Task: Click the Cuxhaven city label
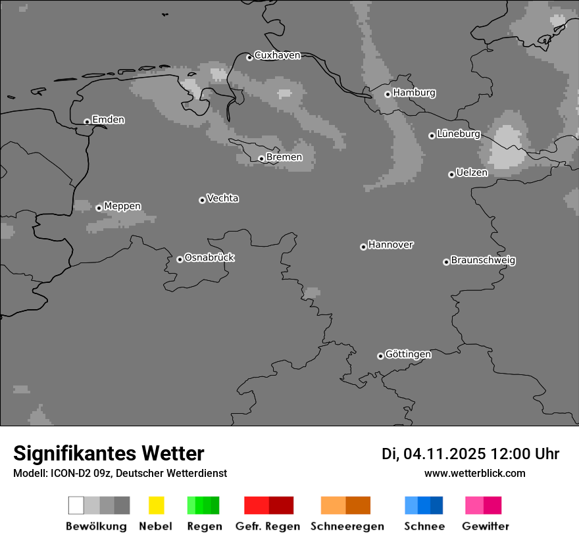click(277, 55)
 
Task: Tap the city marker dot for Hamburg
click(388, 94)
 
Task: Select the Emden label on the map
click(108, 120)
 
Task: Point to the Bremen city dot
click(261, 159)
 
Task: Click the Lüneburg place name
click(459, 134)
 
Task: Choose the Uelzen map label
click(472, 172)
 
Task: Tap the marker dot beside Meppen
click(99, 208)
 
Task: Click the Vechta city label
click(222, 198)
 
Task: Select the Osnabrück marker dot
click(180, 259)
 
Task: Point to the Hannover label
click(391, 245)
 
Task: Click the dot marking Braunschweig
click(446, 262)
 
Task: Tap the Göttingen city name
click(408, 354)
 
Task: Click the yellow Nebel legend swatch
click(156, 505)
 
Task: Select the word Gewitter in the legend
click(486, 526)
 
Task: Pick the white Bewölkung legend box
click(76, 505)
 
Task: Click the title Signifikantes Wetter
click(109, 453)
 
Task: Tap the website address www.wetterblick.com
click(474, 473)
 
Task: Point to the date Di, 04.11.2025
click(433, 454)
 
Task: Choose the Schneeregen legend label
click(347, 526)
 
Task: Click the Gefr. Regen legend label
click(267, 526)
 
